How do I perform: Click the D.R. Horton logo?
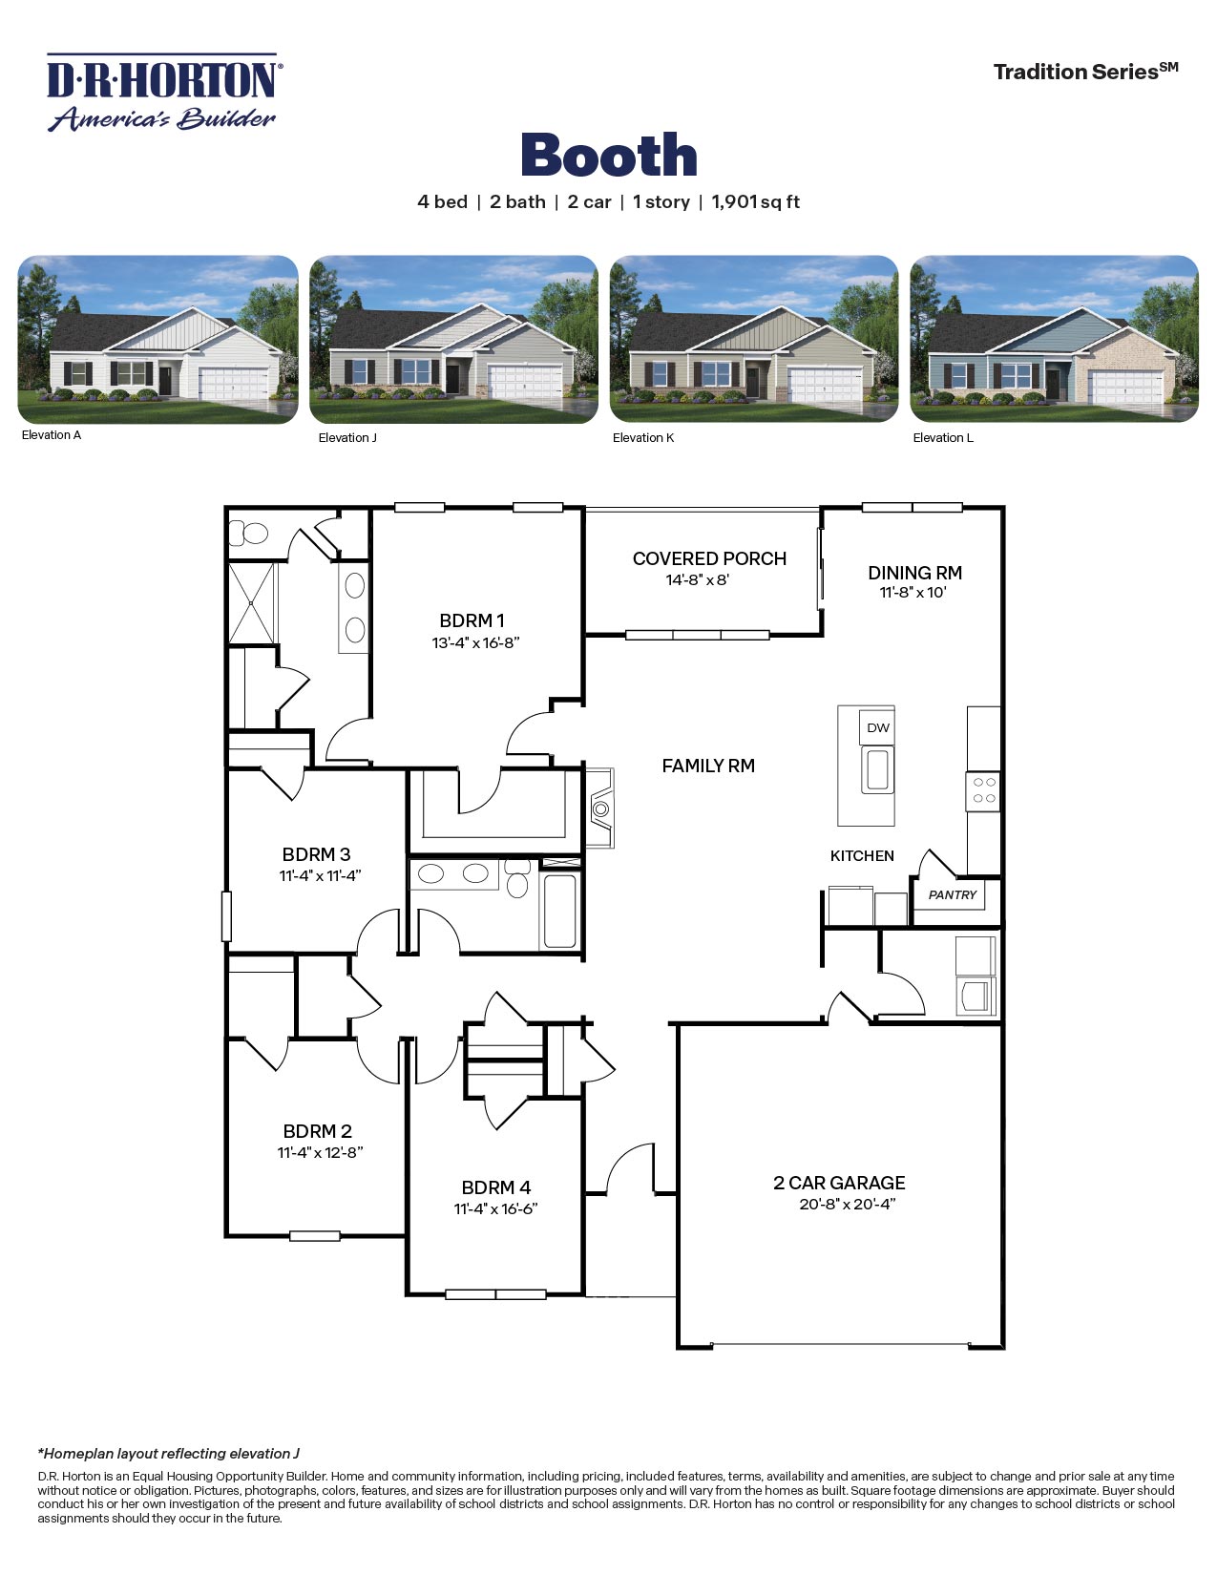point(163,93)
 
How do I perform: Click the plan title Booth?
point(609,156)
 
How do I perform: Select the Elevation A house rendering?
point(158,339)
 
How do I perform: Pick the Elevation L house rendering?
point(1054,339)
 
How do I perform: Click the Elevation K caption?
point(643,438)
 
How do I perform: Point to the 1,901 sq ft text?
point(755,202)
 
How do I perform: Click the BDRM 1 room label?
point(472,620)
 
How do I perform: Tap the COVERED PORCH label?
point(709,558)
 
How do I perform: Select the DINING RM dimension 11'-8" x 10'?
point(913,593)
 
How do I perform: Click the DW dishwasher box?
point(877,727)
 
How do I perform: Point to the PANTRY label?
point(953,895)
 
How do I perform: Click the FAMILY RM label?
point(708,766)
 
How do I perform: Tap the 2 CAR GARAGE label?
point(839,1183)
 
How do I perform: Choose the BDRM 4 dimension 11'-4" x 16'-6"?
point(495,1209)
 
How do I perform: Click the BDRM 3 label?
point(316,854)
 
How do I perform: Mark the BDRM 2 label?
point(317,1131)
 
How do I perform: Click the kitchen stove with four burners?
point(983,790)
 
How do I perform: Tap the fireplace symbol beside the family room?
point(600,808)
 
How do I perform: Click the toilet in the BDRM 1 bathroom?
point(250,533)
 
